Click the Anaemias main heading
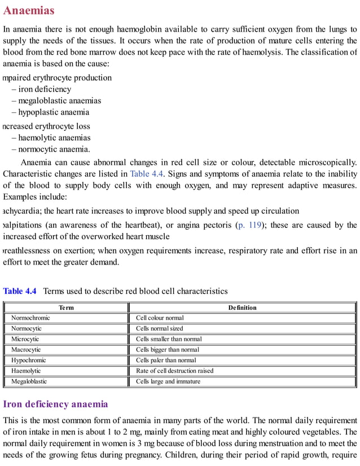[x=29, y=10]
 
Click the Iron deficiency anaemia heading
[x=55, y=404]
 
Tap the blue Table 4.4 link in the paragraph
[x=147, y=174]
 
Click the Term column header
[x=66, y=307]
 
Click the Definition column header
[x=242, y=307]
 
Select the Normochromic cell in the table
[x=30, y=318]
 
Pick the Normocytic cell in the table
[x=27, y=328]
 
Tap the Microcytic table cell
[x=25, y=339]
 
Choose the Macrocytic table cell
[x=26, y=350]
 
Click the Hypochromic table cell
[x=29, y=360]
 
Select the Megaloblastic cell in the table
[x=29, y=381]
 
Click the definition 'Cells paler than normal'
[x=166, y=360]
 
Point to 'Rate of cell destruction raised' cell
[x=174, y=371]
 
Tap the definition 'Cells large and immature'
[x=168, y=381]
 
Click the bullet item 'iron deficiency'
[x=45, y=89]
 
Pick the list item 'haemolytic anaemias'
[x=54, y=138]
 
